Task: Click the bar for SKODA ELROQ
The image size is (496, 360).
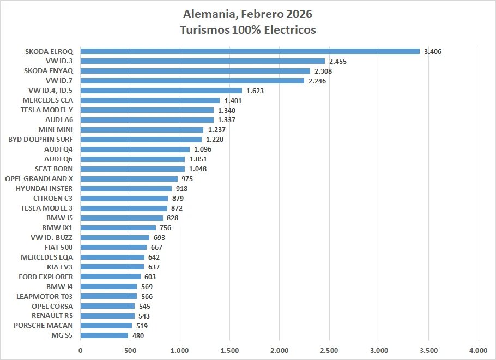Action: [250, 51]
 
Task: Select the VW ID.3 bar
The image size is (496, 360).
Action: [202, 61]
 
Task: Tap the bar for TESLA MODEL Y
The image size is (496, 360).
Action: [147, 110]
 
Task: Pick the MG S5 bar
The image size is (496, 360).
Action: [104, 336]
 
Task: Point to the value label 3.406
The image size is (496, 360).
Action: [432, 52]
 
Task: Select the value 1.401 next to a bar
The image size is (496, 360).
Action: [233, 101]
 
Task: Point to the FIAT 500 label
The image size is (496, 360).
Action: [58, 247]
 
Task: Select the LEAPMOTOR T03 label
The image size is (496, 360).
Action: [45, 296]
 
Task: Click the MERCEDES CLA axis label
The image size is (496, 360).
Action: [47, 100]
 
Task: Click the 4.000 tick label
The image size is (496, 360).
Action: [478, 350]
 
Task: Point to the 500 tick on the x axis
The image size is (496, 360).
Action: [130, 350]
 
